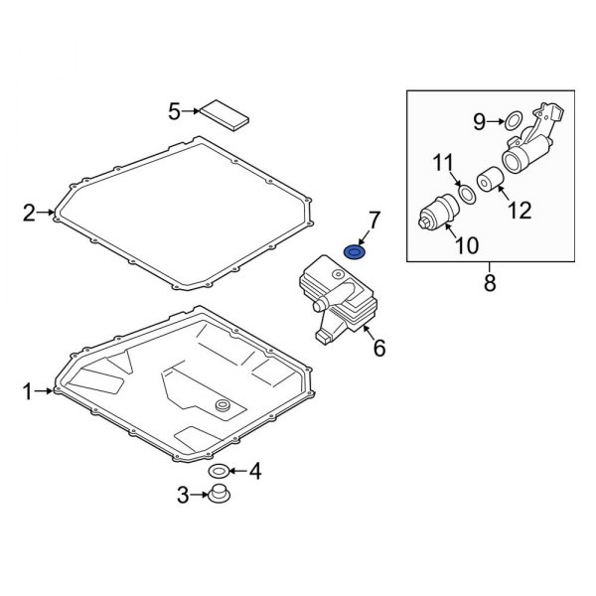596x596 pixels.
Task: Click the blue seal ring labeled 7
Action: (x=355, y=251)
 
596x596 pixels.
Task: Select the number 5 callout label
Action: (x=175, y=111)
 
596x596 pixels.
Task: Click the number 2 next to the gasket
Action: (x=29, y=212)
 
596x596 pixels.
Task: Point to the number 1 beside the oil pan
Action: (x=28, y=392)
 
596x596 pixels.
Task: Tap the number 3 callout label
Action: (x=182, y=494)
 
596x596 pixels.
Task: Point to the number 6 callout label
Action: (x=378, y=348)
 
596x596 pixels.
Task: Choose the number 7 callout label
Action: (x=374, y=219)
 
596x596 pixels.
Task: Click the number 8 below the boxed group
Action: (x=488, y=285)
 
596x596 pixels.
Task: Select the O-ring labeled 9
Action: (x=514, y=122)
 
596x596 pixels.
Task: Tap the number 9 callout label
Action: (x=478, y=121)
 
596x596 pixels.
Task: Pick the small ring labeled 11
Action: (x=465, y=189)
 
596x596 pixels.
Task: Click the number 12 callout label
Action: (x=520, y=210)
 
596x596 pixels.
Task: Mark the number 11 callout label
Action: (x=442, y=162)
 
